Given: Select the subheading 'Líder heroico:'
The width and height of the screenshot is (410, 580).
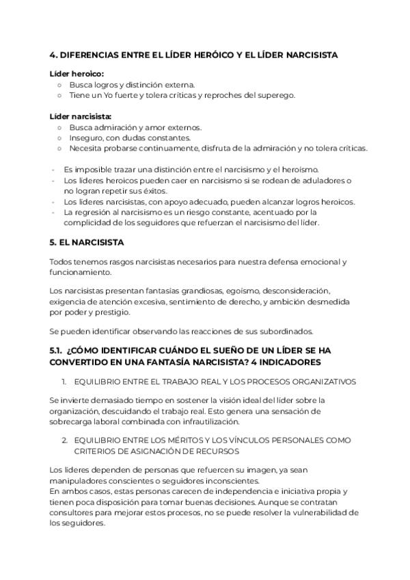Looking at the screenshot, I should pyautogui.click(x=77, y=73).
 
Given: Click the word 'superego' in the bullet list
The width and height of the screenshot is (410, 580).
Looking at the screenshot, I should pyautogui.click(x=275, y=95).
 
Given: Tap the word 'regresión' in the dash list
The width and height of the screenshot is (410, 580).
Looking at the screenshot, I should pyautogui.click(x=94, y=212).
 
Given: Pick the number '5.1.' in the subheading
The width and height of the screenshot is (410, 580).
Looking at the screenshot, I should pyautogui.click(x=56, y=350).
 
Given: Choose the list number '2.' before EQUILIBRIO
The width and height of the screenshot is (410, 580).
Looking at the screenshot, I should pyautogui.click(x=64, y=440).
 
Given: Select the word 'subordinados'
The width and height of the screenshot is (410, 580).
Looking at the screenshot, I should pyautogui.click(x=282, y=332).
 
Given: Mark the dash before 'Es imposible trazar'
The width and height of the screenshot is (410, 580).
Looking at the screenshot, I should pyautogui.click(x=53, y=169).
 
